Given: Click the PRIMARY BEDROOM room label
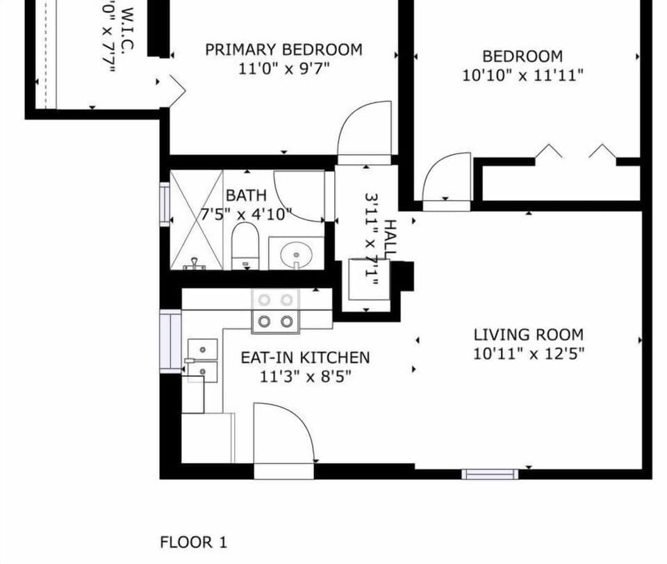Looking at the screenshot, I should pyautogui.click(x=283, y=50).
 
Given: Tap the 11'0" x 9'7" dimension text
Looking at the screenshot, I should pyautogui.click(x=283, y=68).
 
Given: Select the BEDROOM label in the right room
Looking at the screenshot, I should pyautogui.click(x=522, y=56).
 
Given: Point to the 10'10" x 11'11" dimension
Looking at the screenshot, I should pyautogui.click(x=522, y=75).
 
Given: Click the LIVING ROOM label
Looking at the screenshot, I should pyautogui.click(x=529, y=335).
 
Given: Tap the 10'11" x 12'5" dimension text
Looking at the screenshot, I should pyautogui.click(x=529, y=353).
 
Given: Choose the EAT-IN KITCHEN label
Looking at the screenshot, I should pyautogui.click(x=305, y=357).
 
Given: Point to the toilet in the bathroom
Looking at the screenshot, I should pyautogui.click(x=245, y=247).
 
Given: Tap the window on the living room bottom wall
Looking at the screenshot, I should pyautogui.click(x=490, y=474).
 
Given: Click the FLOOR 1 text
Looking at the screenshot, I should pyautogui.click(x=193, y=542).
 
